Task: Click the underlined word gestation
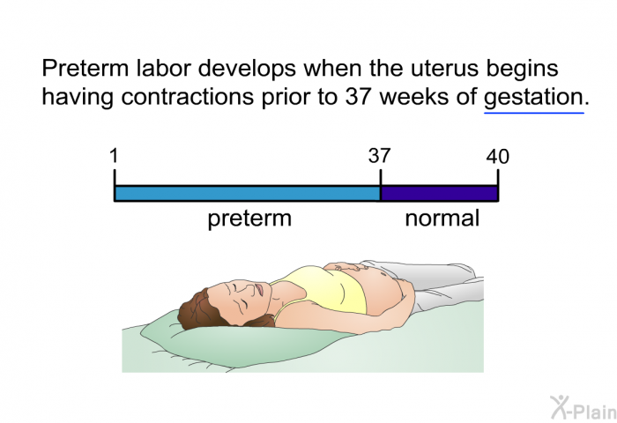pos(533,98)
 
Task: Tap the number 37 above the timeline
pos(379,156)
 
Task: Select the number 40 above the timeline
pos(497,157)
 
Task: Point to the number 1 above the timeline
pos(114,155)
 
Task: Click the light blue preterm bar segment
pos(248,194)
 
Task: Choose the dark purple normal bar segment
pos(439,194)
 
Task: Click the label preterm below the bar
pos(249,219)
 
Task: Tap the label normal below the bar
pos(442,219)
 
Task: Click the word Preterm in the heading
pos(85,68)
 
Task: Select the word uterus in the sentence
pos(444,69)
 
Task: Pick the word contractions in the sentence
pos(187,97)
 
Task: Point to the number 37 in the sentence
pos(358,97)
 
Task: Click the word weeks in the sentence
pos(414,97)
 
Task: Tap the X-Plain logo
pos(584,408)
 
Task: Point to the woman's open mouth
pos(260,290)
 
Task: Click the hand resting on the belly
pos(346,267)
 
